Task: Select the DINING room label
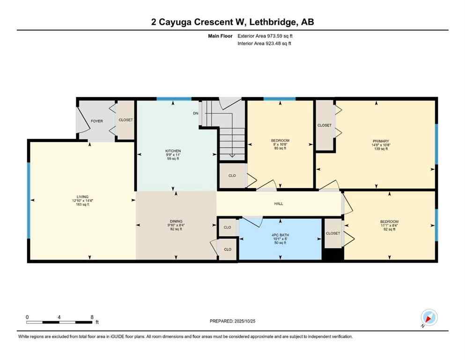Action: coord(176,221)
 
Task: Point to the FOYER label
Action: coord(97,121)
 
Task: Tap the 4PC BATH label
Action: coord(280,234)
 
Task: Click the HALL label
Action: coord(279,203)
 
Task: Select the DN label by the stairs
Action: coord(195,113)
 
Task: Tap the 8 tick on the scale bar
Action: coord(92,317)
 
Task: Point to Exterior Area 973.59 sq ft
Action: coord(266,36)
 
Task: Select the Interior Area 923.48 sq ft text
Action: coord(265,44)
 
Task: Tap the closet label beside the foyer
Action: coord(125,120)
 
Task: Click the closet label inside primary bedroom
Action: coord(325,125)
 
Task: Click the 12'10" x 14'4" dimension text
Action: coord(77,201)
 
